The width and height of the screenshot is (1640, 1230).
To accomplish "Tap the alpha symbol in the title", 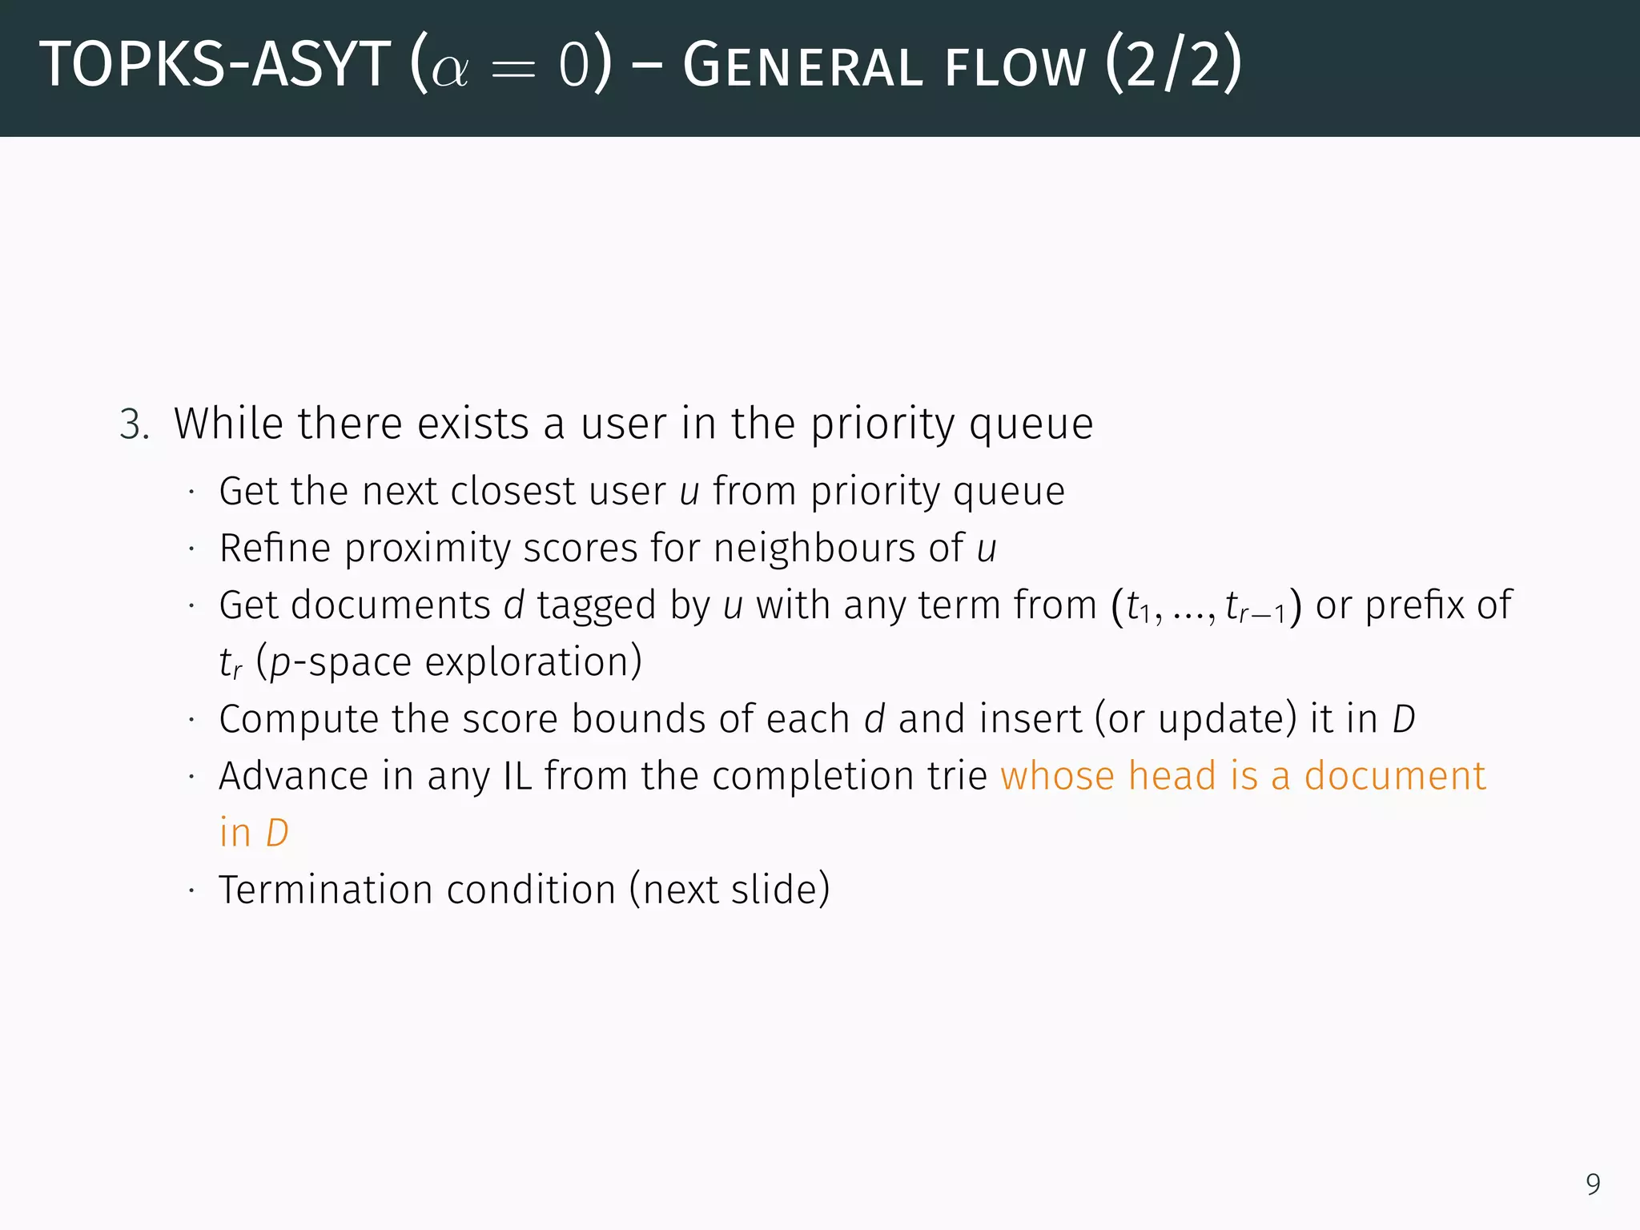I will point(449,70).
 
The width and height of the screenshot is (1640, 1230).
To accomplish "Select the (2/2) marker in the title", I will point(1173,64).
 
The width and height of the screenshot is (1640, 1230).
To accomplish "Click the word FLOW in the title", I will point(1015,67).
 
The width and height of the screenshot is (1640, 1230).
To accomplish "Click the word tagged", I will point(596,605).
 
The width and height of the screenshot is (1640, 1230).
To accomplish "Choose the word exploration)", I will point(533,662).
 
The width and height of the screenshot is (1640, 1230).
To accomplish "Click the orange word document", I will point(1394,776).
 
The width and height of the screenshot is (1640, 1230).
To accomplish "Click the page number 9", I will point(1593,1184).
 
